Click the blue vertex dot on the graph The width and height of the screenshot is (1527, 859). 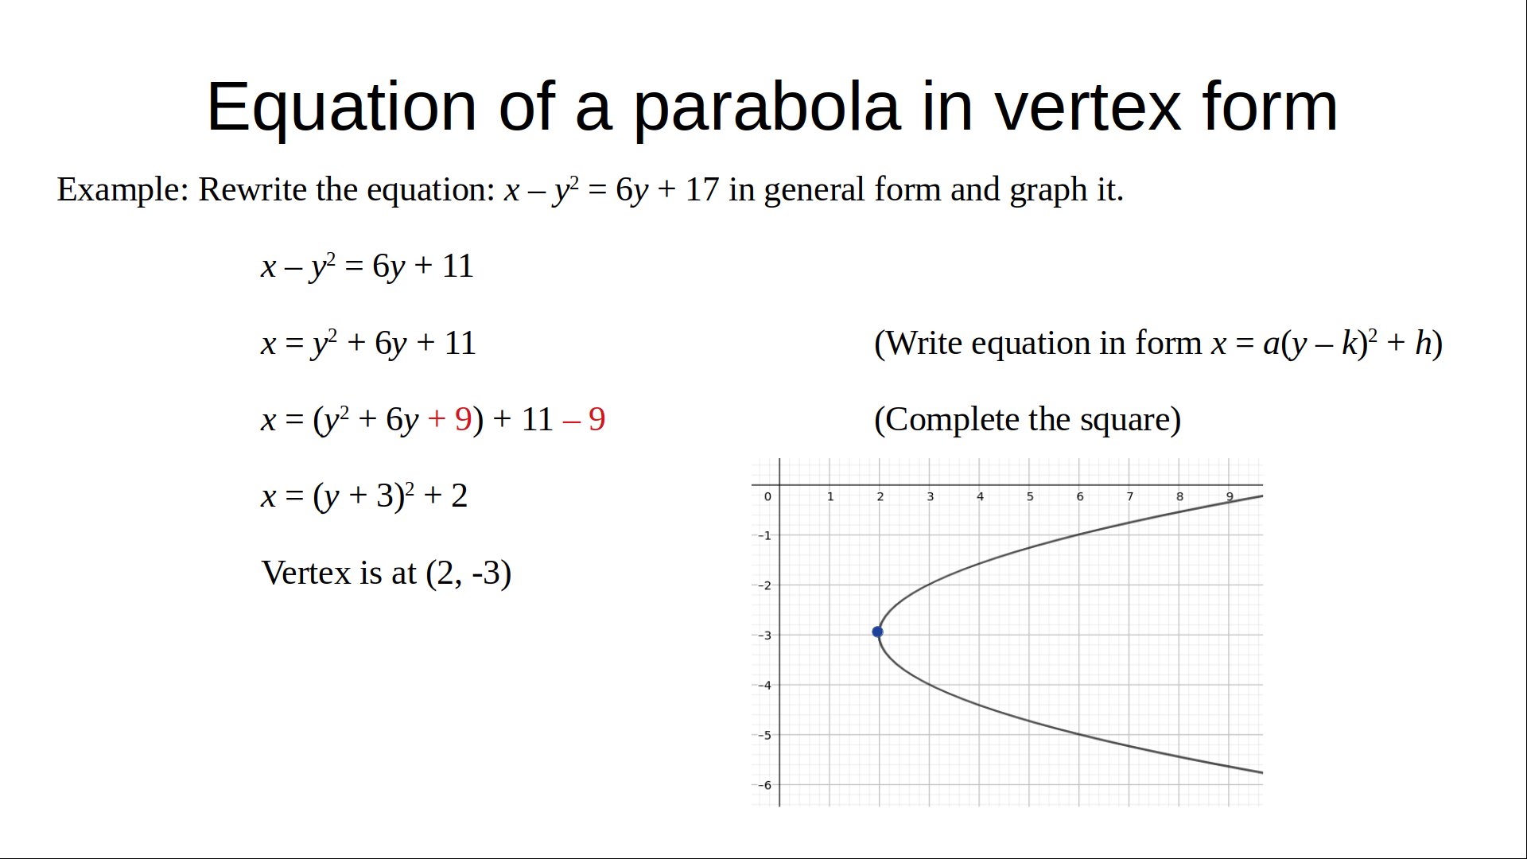tap(877, 632)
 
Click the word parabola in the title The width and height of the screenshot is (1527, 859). tap(767, 107)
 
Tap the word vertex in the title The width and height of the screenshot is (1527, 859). tap(1088, 107)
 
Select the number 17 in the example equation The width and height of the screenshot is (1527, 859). tap(701, 189)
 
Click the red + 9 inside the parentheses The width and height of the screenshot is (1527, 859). tap(449, 419)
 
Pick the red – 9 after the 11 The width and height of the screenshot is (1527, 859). tap(584, 419)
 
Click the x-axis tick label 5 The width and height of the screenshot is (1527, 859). tap(1030, 496)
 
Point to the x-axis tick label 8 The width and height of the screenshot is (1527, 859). tap(1179, 496)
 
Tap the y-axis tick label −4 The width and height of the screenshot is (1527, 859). tap(764, 685)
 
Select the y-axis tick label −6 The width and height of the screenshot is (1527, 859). tap(764, 785)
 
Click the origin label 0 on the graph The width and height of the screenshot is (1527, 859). tap(767, 496)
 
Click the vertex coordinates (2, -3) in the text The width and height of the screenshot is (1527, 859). tap(468, 573)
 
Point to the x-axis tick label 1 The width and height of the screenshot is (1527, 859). tap(830, 496)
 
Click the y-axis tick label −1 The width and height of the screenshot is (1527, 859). tap(764, 535)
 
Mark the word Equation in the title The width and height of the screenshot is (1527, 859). tap(341, 107)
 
